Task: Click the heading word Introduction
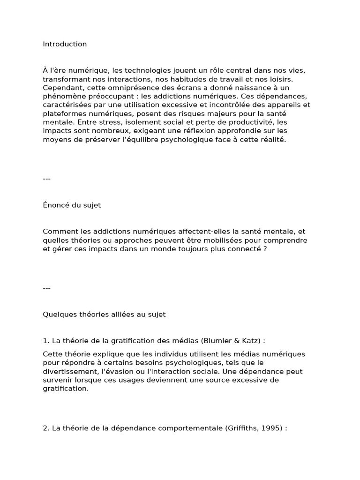(x=65, y=44)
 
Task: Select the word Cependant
(x=61, y=88)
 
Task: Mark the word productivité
(x=248, y=122)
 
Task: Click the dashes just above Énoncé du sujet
(x=46, y=179)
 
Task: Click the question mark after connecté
(x=265, y=249)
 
